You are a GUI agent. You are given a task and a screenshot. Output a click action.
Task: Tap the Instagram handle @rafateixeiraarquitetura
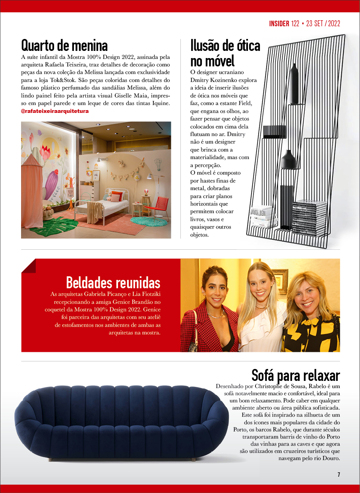[55, 111]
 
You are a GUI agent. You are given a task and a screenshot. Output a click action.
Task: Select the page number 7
[339, 474]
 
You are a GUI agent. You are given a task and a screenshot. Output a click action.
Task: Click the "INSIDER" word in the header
[279, 23]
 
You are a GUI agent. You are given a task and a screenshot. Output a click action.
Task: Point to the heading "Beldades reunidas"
[113, 283]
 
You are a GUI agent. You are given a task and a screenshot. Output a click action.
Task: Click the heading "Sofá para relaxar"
[296, 375]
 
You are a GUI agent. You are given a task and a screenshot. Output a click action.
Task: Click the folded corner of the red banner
[29, 266]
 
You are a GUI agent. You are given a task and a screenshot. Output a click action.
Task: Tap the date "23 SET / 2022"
[323, 23]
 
